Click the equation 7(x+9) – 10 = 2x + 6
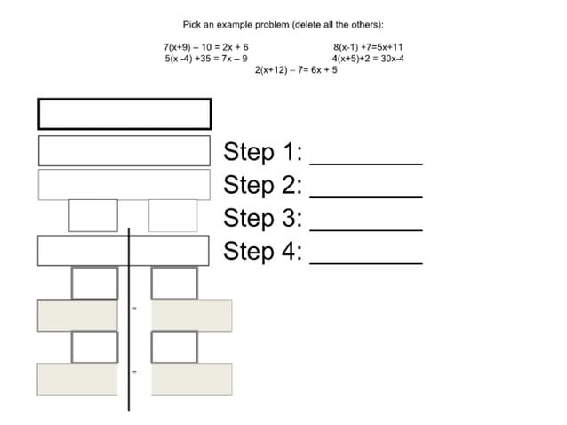206,46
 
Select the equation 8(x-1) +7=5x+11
368,46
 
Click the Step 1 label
263,152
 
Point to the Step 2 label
263,185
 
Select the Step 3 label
263,218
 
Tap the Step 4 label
263,251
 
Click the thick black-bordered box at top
124,114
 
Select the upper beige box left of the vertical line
77,316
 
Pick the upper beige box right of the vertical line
192,316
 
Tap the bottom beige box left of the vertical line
77,379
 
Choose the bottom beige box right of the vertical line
192,379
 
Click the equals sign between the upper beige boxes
134,308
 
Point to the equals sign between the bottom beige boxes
134,372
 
